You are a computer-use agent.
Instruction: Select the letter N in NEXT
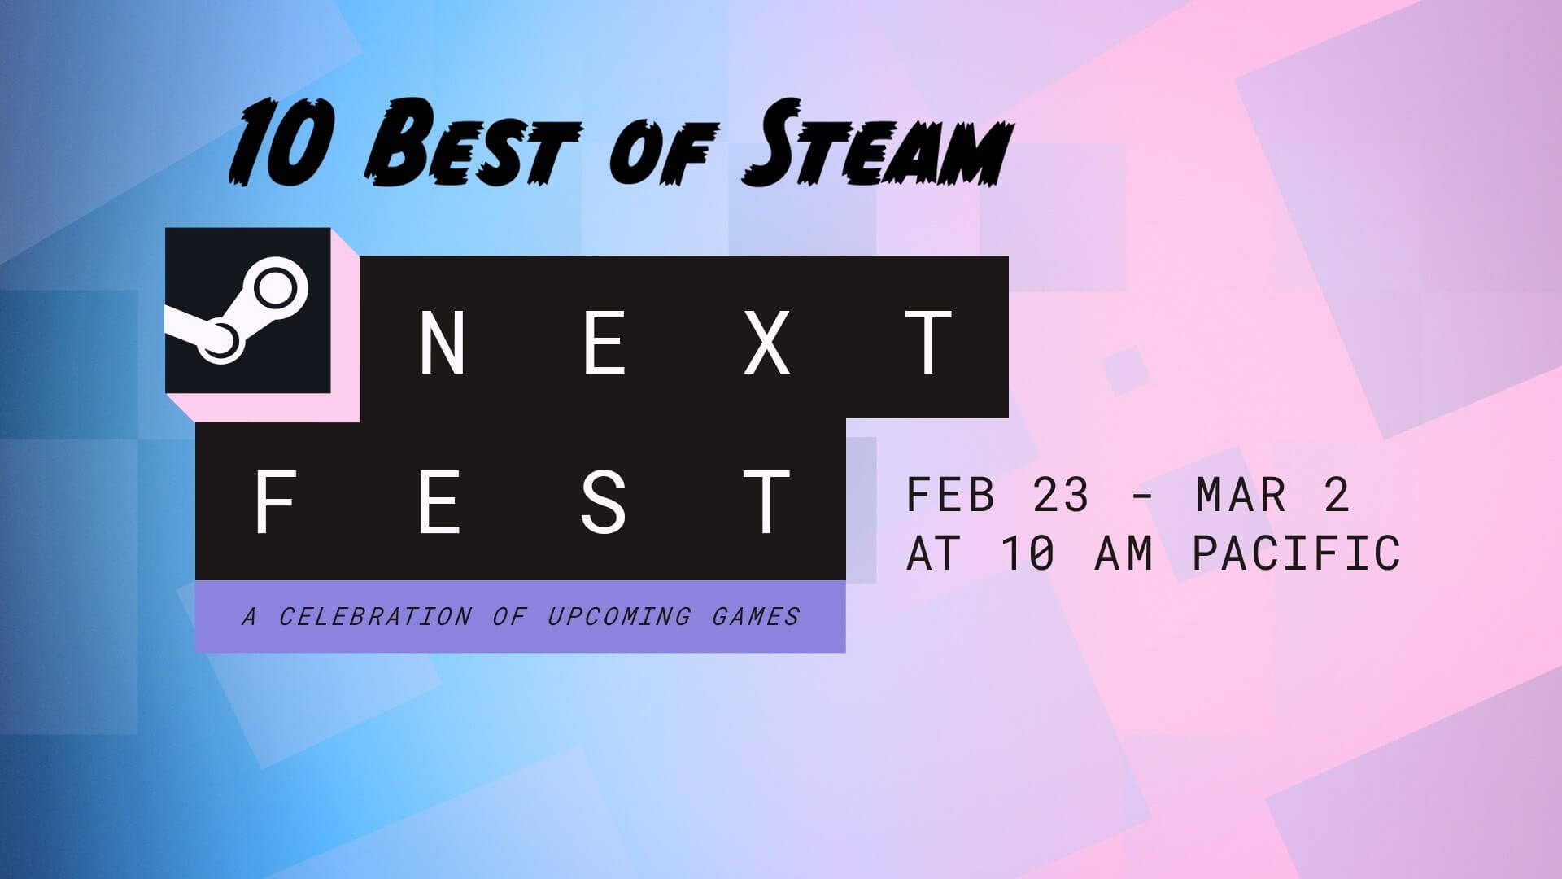point(442,343)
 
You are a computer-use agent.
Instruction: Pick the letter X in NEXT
point(767,343)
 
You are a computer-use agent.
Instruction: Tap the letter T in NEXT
point(930,343)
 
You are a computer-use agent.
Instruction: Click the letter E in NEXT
point(604,343)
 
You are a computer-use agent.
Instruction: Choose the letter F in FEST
point(274,502)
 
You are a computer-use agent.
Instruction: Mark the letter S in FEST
point(603,502)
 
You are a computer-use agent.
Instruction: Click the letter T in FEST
point(766,502)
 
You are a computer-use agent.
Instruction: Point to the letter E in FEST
point(438,502)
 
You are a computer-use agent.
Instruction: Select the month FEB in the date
point(950,495)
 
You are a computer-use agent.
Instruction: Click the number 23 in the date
point(1061,495)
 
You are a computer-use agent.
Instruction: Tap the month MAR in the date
point(1241,495)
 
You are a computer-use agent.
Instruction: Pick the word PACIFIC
point(1297,554)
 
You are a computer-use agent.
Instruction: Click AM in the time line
point(1124,554)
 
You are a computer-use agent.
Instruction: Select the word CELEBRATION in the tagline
point(375,617)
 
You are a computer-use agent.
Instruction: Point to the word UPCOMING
point(618,617)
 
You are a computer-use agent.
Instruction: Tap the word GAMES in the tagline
point(756,617)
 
